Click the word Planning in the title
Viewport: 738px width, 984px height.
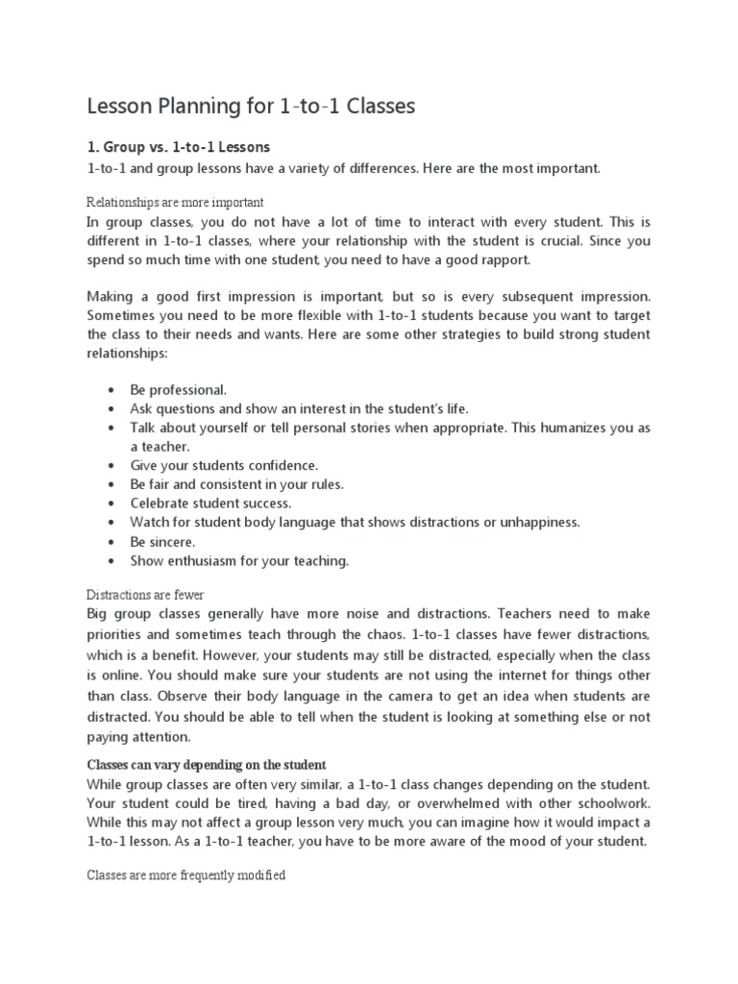(x=203, y=107)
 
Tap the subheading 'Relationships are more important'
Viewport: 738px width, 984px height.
(x=175, y=203)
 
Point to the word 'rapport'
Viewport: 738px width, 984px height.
(x=489, y=259)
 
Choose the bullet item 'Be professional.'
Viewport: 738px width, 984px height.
(x=179, y=390)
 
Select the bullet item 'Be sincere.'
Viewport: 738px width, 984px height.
(x=162, y=541)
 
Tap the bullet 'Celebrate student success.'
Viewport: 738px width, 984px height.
(x=210, y=503)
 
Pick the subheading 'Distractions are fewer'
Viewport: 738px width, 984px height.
(x=145, y=596)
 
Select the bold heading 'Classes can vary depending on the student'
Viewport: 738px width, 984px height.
(x=207, y=765)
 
